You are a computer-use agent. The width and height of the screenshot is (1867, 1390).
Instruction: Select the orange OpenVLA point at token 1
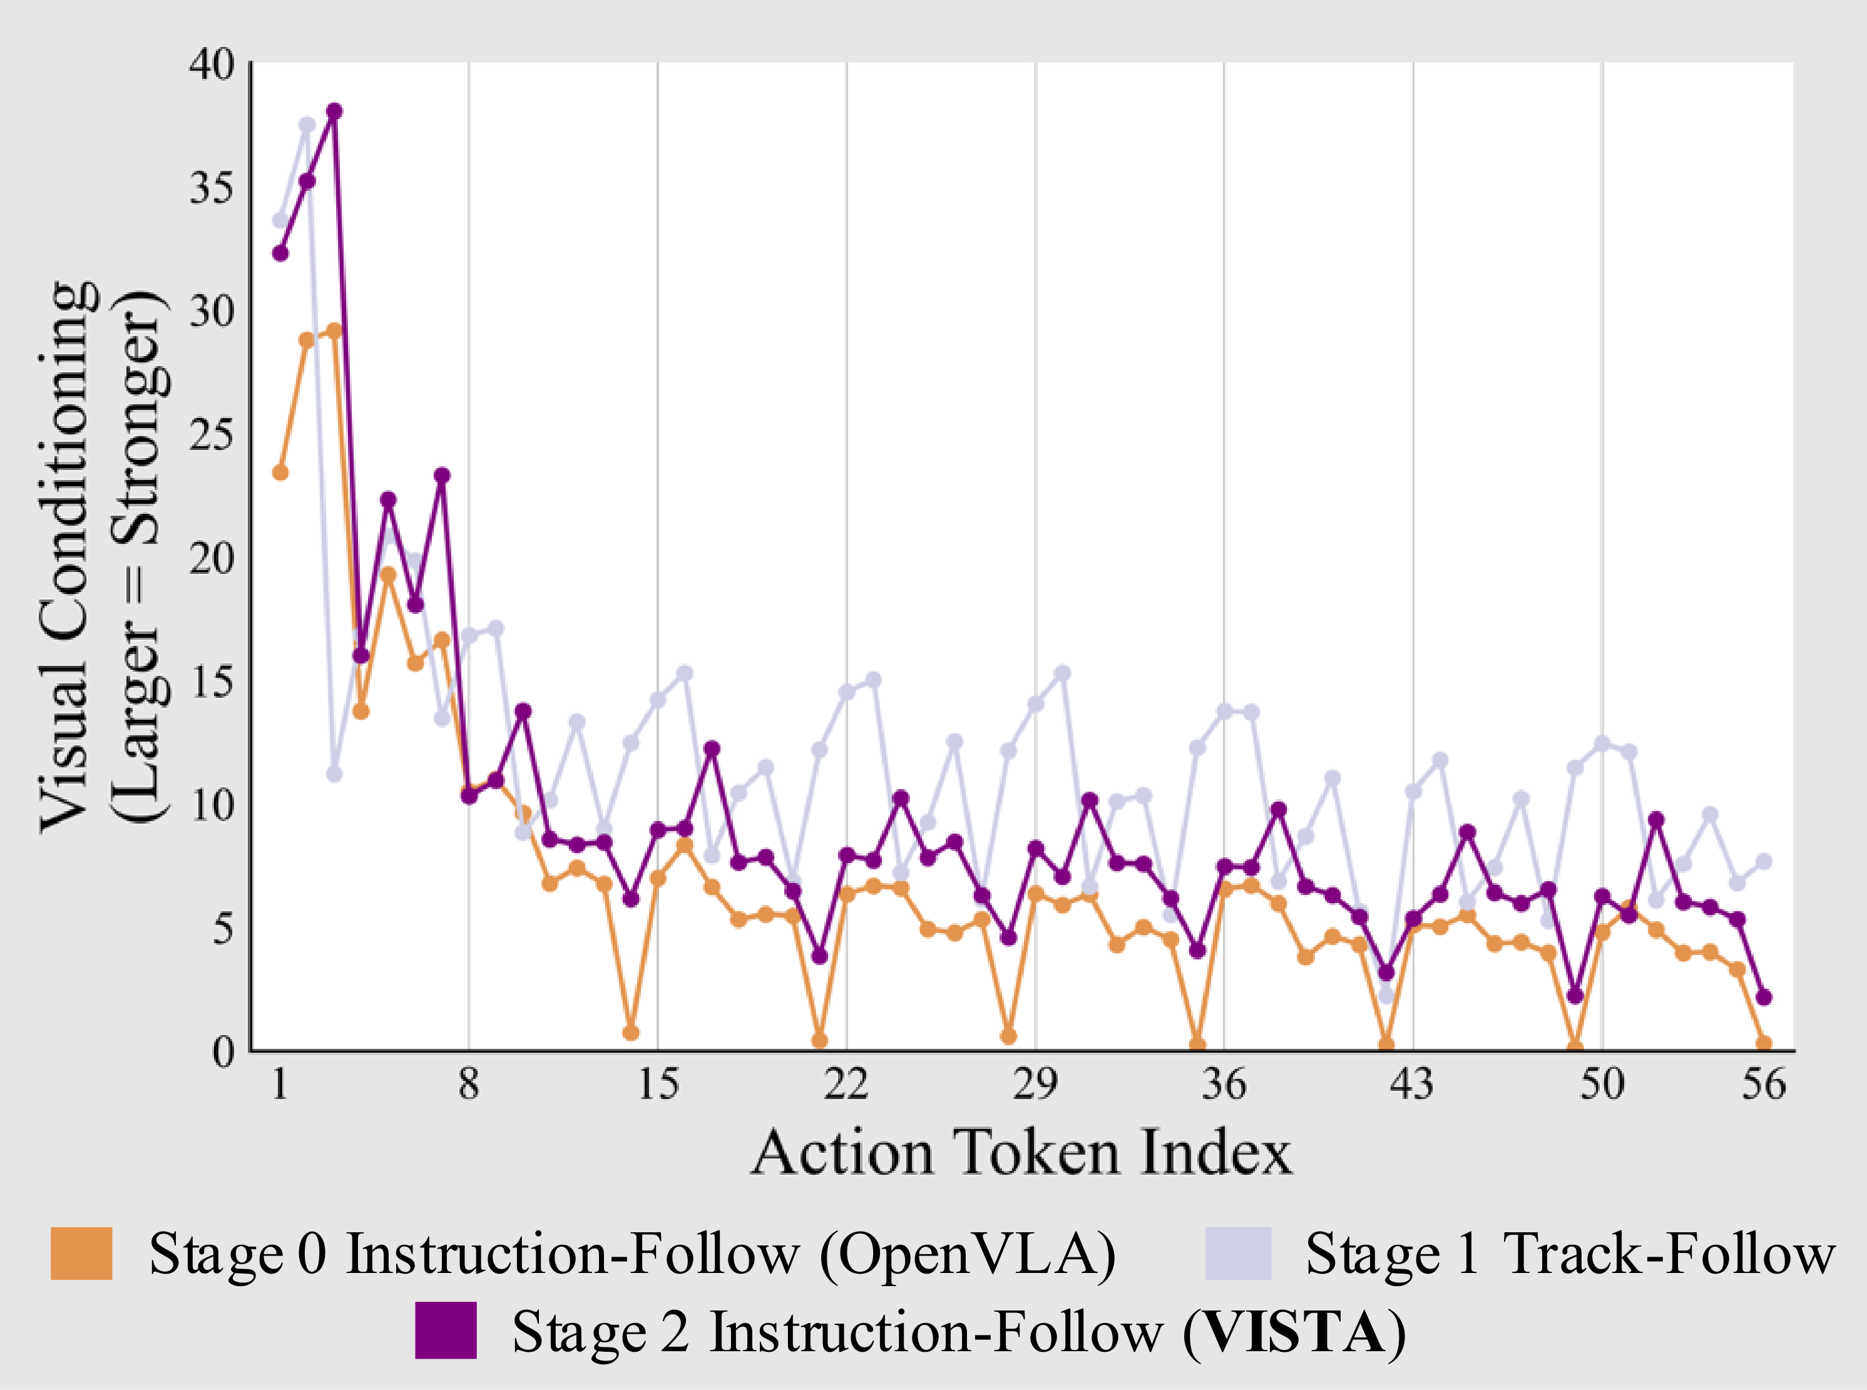[x=280, y=472]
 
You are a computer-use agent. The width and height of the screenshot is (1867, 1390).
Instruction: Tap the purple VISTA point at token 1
[x=280, y=252]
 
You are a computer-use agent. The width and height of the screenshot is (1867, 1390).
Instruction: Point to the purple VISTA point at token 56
[x=1764, y=997]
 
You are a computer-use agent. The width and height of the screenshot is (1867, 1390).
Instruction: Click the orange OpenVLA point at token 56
[x=1764, y=1043]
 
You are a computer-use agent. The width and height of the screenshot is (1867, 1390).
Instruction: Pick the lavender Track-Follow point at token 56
[x=1764, y=861]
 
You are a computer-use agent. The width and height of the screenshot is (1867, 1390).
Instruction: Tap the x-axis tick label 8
[x=469, y=1085]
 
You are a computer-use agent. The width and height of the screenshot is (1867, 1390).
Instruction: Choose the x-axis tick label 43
[x=1412, y=1085]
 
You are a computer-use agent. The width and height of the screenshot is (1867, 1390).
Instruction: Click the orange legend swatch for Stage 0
[x=81, y=1254]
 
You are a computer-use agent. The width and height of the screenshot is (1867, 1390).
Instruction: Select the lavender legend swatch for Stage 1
[x=1237, y=1254]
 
